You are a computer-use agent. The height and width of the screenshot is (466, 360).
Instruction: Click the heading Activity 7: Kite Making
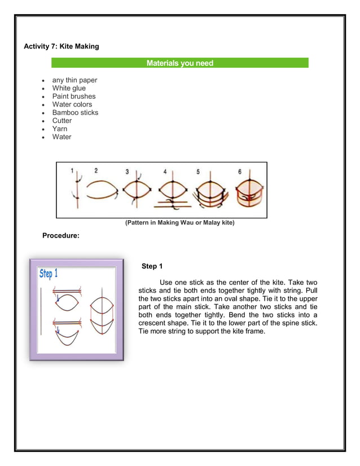[61, 46]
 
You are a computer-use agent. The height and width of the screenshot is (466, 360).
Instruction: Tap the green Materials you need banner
[179, 63]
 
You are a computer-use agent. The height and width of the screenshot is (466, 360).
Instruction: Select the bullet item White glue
[69, 88]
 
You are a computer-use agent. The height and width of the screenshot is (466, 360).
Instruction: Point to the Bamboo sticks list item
[75, 112]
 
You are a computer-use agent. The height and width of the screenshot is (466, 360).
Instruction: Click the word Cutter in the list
[62, 121]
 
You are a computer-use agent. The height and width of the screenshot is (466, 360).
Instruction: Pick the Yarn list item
[60, 129]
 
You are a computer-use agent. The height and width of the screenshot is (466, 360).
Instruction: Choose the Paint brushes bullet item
[74, 96]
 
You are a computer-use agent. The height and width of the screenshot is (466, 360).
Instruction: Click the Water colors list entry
[72, 104]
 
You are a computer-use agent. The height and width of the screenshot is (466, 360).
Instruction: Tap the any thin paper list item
[74, 80]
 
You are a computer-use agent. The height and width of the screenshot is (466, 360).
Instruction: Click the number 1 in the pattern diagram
[72, 170]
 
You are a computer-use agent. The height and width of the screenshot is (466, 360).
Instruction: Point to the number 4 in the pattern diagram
[165, 171]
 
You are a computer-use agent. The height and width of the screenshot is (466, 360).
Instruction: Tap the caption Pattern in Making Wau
[179, 223]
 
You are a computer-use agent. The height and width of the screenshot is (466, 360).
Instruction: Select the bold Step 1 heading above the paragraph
[152, 266]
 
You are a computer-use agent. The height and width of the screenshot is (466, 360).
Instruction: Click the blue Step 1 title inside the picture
[49, 274]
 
